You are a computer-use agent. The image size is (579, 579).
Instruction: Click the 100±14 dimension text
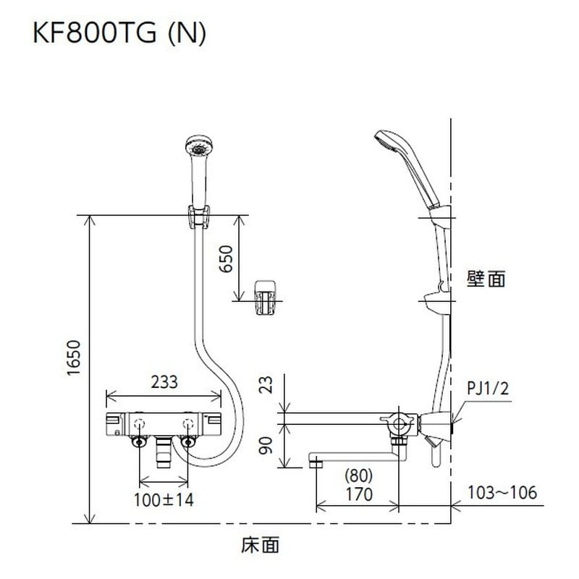(164, 499)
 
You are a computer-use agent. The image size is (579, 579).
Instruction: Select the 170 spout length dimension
(358, 495)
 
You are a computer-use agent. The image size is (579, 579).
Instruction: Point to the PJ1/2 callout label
(489, 389)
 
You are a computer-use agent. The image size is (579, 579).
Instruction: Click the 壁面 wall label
(486, 279)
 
